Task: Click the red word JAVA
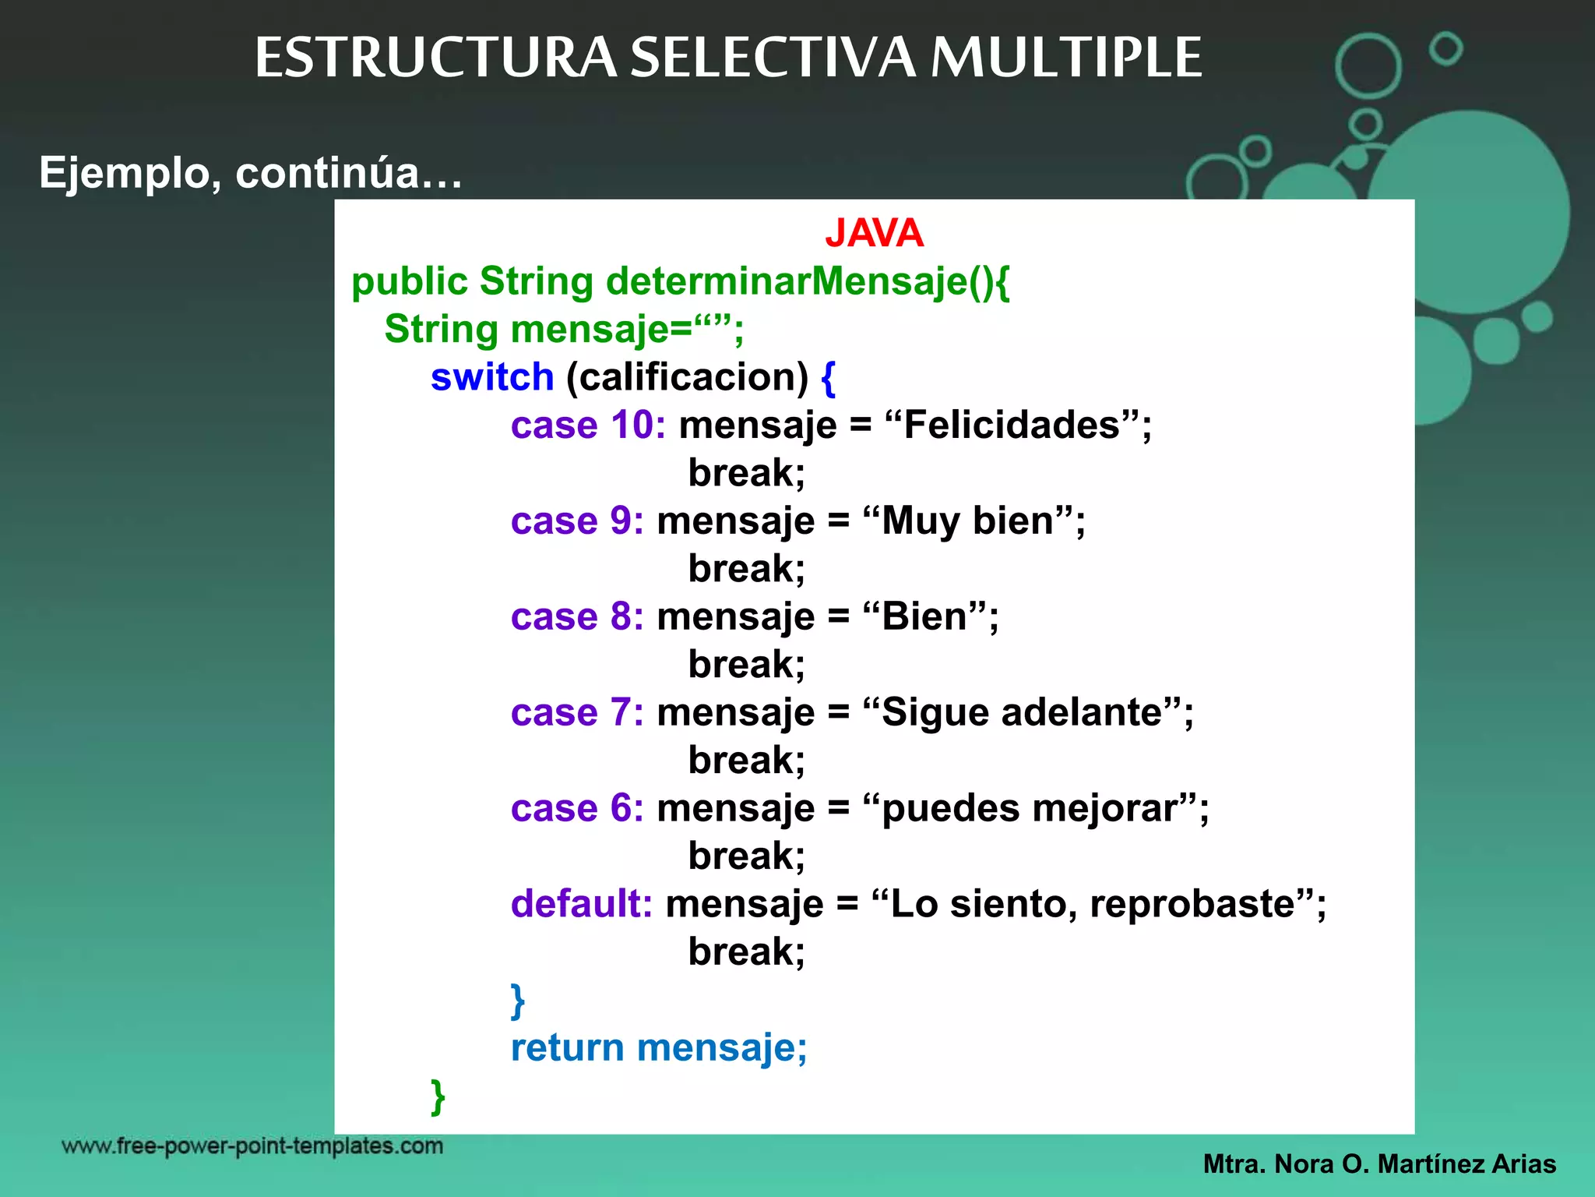coord(874,233)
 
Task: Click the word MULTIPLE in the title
coord(1066,58)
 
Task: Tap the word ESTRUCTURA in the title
coord(435,58)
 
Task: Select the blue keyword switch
coord(491,377)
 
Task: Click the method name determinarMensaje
coord(787,281)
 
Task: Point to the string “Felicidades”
coord(1012,425)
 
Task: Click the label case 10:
coord(588,425)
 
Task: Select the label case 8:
coord(577,616)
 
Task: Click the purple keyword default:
coord(581,904)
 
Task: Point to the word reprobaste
coord(1192,904)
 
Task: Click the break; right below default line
coord(746,952)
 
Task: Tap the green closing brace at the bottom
coord(438,1097)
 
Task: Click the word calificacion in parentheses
coord(688,377)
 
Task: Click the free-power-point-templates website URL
coord(252,1146)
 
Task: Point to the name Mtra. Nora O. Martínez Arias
coord(1379,1164)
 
